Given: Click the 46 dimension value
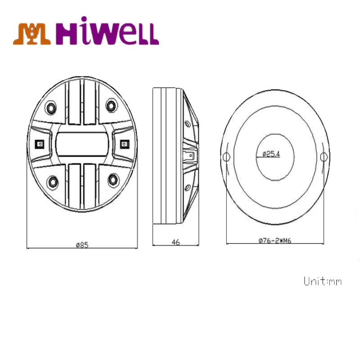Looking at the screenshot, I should [175, 242].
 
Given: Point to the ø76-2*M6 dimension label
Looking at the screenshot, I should [274, 241].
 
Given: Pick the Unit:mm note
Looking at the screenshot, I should [322, 282].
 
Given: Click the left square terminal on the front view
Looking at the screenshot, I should [39, 144].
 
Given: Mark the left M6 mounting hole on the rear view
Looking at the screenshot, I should [227, 157].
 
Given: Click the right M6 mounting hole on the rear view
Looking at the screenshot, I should [323, 157].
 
